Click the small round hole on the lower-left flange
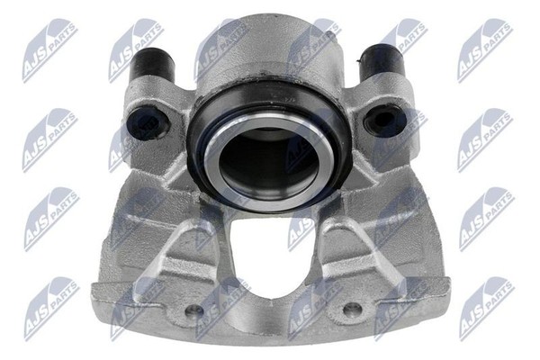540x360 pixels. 193,311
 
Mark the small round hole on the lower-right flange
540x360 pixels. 352,310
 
